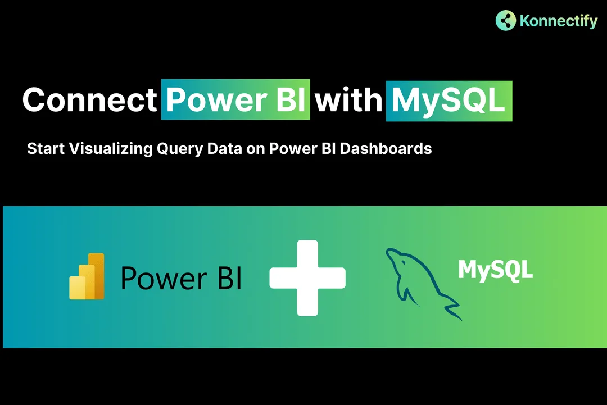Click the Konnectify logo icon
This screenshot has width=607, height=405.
coord(506,20)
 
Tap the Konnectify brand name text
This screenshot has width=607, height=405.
coord(558,21)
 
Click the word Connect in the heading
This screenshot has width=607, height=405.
coord(90,100)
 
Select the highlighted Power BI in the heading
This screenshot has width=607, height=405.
coord(236,100)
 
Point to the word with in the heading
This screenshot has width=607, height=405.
coord(348,100)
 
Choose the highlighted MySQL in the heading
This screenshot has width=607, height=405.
coord(449,100)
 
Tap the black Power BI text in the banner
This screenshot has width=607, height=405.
coord(181,277)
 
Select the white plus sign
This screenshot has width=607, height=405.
coord(307,277)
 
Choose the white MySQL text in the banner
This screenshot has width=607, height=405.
coord(495,270)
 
